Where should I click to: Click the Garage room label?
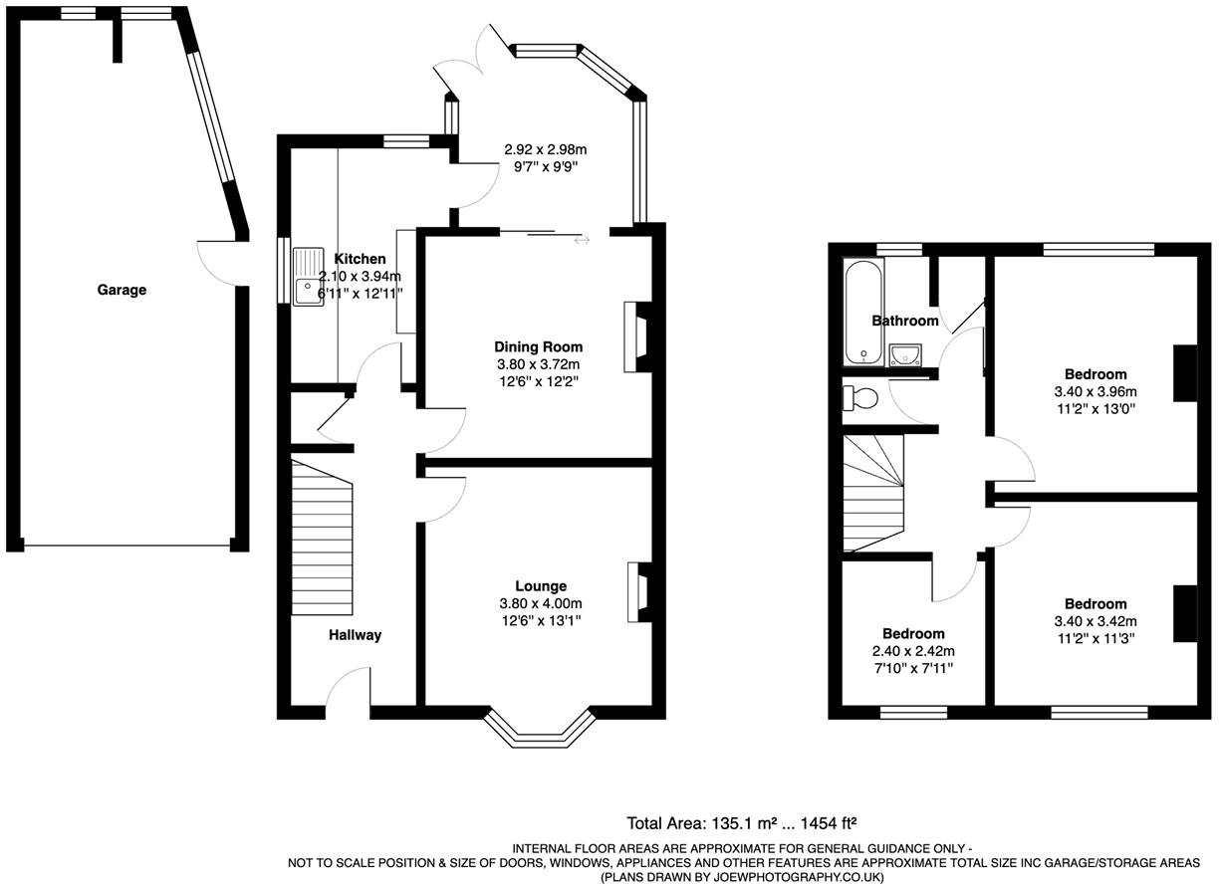[x=122, y=291]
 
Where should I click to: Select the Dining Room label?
[x=538, y=346]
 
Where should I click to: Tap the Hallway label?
[x=356, y=635]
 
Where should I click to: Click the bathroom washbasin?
[x=906, y=354]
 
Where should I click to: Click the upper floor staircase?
[x=872, y=492]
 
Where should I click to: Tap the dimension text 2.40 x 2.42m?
[x=913, y=651]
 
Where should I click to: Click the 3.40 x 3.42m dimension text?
[x=1096, y=621]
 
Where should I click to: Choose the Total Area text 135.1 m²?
[x=741, y=823]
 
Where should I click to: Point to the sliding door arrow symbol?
[x=581, y=239]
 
